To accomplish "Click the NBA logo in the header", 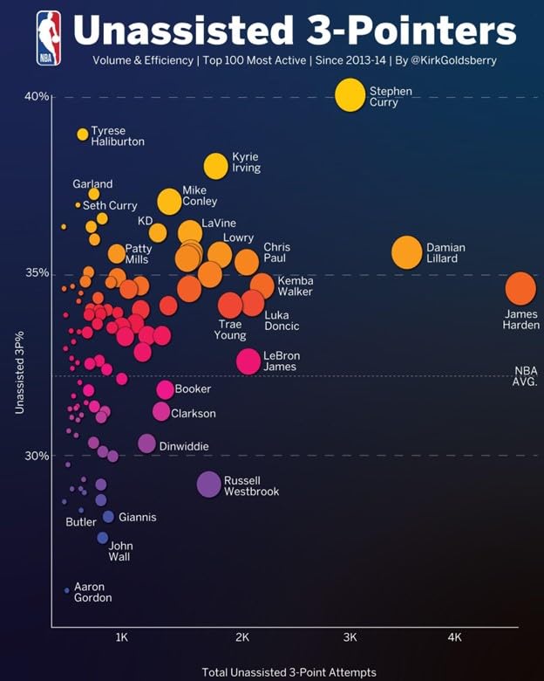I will [48, 38].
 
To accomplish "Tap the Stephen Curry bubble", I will [350, 95].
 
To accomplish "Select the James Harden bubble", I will [520, 289].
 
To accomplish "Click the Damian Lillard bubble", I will [407, 252].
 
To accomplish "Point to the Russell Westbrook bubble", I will [209, 484].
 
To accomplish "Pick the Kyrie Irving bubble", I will [215, 165].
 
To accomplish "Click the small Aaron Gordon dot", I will [66, 590].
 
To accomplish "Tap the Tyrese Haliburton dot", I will [83, 134].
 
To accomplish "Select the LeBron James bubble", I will [248, 361].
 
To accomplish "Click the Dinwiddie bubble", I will [146, 444].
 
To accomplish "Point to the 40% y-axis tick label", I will [36, 96].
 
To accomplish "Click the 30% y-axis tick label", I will [36, 456].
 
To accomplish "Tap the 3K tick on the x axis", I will [350, 637].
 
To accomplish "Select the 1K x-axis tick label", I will [121, 637].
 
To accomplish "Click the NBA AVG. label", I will [526, 375].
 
